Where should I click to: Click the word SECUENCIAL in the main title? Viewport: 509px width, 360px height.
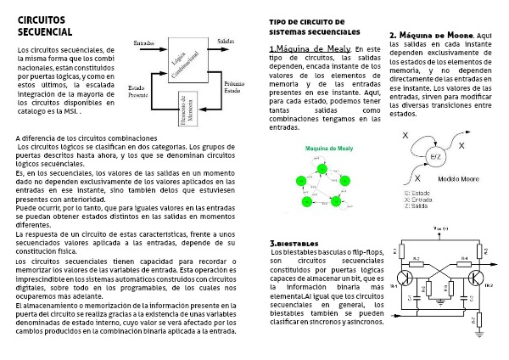[x=44, y=31]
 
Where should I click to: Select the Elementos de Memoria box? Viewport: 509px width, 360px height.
[x=192, y=109]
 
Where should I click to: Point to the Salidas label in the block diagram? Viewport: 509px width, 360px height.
[x=227, y=41]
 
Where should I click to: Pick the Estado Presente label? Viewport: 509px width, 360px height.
[x=138, y=91]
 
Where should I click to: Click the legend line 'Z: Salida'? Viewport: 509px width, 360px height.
[x=417, y=206]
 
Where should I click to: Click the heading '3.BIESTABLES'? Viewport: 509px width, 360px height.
[x=294, y=242]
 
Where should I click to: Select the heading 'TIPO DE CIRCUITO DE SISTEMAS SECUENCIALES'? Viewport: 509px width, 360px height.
[x=306, y=26]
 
